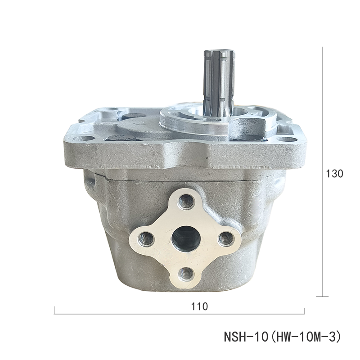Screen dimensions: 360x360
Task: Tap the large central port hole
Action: [186, 238]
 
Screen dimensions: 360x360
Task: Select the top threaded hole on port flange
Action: [185, 202]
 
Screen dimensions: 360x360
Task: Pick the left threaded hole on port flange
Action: [145, 239]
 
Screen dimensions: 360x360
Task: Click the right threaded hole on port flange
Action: [226, 239]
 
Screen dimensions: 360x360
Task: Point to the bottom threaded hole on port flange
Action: [186, 274]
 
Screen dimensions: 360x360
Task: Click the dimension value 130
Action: [334, 174]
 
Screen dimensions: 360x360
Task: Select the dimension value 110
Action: [199, 306]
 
